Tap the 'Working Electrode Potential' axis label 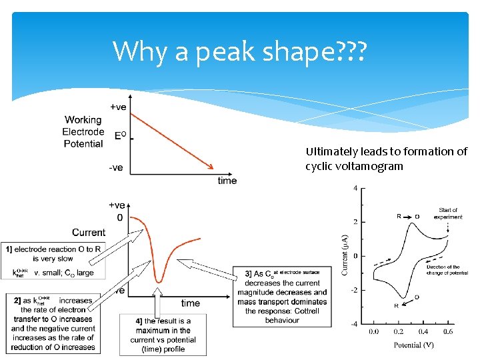[x=83, y=132]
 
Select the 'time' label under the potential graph [x=227, y=181]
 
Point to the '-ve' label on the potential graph [x=115, y=167]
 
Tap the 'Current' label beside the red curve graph [x=89, y=232]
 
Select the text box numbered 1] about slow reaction [x=53, y=261]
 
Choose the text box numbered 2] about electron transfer [x=53, y=323]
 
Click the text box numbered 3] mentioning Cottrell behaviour [x=281, y=296]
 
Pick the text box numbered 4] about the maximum [x=163, y=335]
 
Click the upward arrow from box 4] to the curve [x=158, y=299]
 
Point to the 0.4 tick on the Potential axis [x=423, y=332]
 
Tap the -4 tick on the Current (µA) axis [x=356, y=324]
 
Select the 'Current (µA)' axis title [x=345, y=254]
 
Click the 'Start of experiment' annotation [x=448, y=213]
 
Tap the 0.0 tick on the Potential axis [x=373, y=332]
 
